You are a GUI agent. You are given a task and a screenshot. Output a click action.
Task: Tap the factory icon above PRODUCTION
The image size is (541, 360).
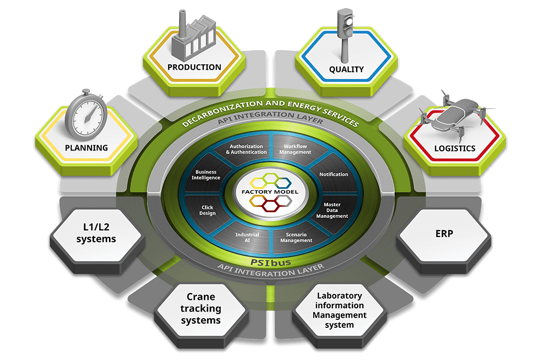pos(192,37)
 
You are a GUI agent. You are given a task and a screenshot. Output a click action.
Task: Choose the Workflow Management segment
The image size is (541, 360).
pos(297,149)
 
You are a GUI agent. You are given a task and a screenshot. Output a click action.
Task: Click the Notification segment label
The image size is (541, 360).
pos(334,174)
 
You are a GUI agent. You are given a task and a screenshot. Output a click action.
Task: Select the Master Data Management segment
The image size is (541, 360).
pos(335,210)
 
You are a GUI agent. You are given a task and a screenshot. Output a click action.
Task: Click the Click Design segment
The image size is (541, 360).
pos(208,210)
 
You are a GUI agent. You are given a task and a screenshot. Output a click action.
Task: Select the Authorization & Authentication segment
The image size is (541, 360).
pos(246,149)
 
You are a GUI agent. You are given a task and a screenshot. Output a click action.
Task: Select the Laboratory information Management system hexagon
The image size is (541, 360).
pos(339,310)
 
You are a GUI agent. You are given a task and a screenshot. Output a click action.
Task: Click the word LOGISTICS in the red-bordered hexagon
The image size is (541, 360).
pos(455,148)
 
